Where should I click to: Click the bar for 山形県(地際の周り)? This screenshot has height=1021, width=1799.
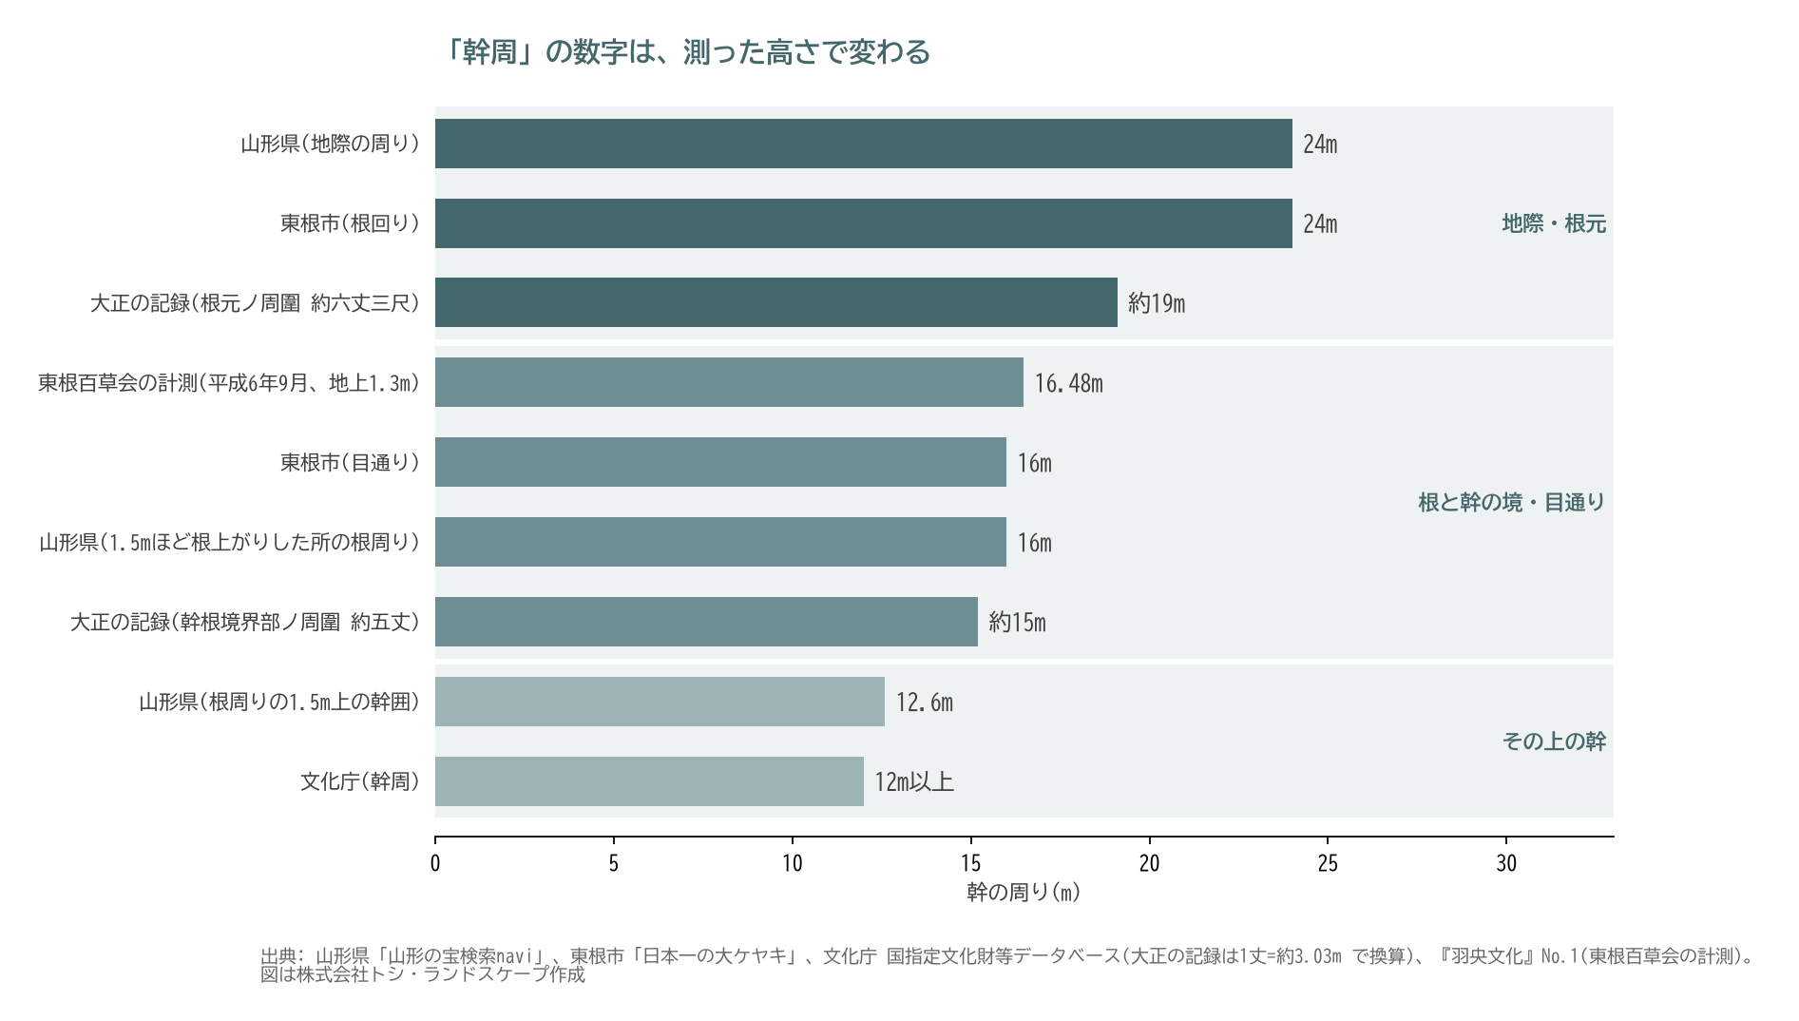pyautogui.click(x=864, y=144)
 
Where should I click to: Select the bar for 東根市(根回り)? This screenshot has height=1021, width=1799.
pyautogui.click(x=864, y=223)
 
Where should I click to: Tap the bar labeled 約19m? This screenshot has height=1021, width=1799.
pyautogui.click(x=776, y=302)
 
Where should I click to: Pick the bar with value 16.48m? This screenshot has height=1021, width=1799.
pyautogui.click(x=729, y=382)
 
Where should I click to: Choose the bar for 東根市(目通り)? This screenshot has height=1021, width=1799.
pyautogui.click(x=720, y=462)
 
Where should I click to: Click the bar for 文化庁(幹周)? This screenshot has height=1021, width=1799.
pyautogui.click(x=649, y=781)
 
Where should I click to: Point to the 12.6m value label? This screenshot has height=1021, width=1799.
pyautogui.click(x=925, y=703)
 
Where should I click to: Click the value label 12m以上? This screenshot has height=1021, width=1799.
pyautogui.click(x=914, y=781)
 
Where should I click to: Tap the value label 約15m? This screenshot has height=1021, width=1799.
pyautogui.click(x=1017, y=623)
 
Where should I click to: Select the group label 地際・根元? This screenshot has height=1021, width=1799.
pyautogui.click(x=1554, y=223)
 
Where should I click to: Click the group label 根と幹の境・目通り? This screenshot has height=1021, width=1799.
pyautogui.click(x=1511, y=502)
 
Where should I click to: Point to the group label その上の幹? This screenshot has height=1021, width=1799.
pyautogui.click(x=1554, y=742)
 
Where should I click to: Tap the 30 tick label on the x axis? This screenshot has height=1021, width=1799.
pyautogui.click(x=1506, y=863)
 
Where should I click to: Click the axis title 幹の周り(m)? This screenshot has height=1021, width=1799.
pyautogui.click(x=1024, y=892)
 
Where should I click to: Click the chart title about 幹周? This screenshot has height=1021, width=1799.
pyautogui.click(x=684, y=51)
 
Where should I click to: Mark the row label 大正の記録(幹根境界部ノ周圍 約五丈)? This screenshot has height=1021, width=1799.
pyautogui.click(x=245, y=622)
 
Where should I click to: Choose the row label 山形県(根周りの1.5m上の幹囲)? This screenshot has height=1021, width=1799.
pyautogui.click(x=279, y=702)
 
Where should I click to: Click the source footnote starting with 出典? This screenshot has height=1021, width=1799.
pyautogui.click(x=1007, y=965)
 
